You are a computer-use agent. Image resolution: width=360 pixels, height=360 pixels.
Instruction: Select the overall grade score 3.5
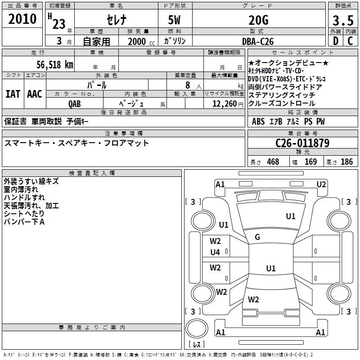pyautogui.click(x=343, y=21)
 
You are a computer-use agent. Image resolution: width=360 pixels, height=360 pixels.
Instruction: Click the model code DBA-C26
pyautogui.click(x=258, y=41)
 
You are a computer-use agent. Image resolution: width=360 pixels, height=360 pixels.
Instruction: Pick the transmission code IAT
pyautogui.click(x=13, y=94)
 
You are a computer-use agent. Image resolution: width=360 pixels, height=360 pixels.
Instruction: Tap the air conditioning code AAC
pyautogui.click(x=35, y=94)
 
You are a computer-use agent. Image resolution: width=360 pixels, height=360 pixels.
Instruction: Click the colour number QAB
pyautogui.click(x=75, y=103)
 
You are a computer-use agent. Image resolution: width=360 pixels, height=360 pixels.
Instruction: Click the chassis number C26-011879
pyautogui.click(x=302, y=143)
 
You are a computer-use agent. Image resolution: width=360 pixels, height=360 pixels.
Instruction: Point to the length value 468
pyautogui.click(x=273, y=162)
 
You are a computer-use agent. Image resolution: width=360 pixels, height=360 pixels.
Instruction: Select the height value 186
pyautogui.click(x=346, y=162)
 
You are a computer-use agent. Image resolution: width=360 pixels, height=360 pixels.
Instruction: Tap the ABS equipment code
pyautogui.click(x=258, y=121)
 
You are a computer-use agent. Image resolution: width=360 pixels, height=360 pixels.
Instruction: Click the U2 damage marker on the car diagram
pyautogui.click(x=321, y=184)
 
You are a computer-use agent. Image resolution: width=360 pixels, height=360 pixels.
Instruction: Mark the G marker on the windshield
pyautogui.click(x=257, y=237)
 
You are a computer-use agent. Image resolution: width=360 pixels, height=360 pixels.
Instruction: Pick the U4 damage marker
pyautogui.click(x=215, y=252)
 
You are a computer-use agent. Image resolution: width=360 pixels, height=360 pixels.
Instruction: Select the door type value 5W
pyautogui.click(x=175, y=20)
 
